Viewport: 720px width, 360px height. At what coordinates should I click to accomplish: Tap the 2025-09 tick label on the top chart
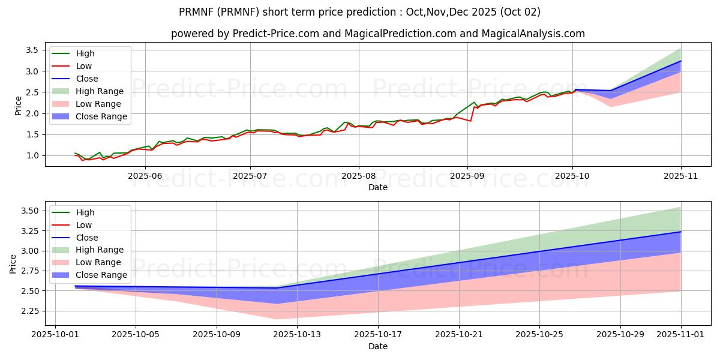(x=467, y=176)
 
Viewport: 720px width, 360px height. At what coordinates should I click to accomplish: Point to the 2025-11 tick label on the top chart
(x=681, y=176)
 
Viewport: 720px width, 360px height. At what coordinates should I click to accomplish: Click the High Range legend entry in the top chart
(x=100, y=91)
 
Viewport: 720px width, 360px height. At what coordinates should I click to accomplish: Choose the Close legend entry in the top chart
(x=87, y=79)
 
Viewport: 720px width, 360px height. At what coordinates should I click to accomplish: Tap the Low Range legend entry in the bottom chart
(x=98, y=262)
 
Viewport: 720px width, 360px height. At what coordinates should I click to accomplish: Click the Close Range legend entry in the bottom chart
(x=101, y=275)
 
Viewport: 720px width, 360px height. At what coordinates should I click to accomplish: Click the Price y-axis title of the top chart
(x=18, y=105)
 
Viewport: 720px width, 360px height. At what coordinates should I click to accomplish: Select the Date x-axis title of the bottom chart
(x=378, y=346)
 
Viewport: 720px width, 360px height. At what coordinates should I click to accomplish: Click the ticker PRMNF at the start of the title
(x=199, y=12)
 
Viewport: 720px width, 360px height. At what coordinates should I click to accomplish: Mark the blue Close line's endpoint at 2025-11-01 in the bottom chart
(x=681, y=232)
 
